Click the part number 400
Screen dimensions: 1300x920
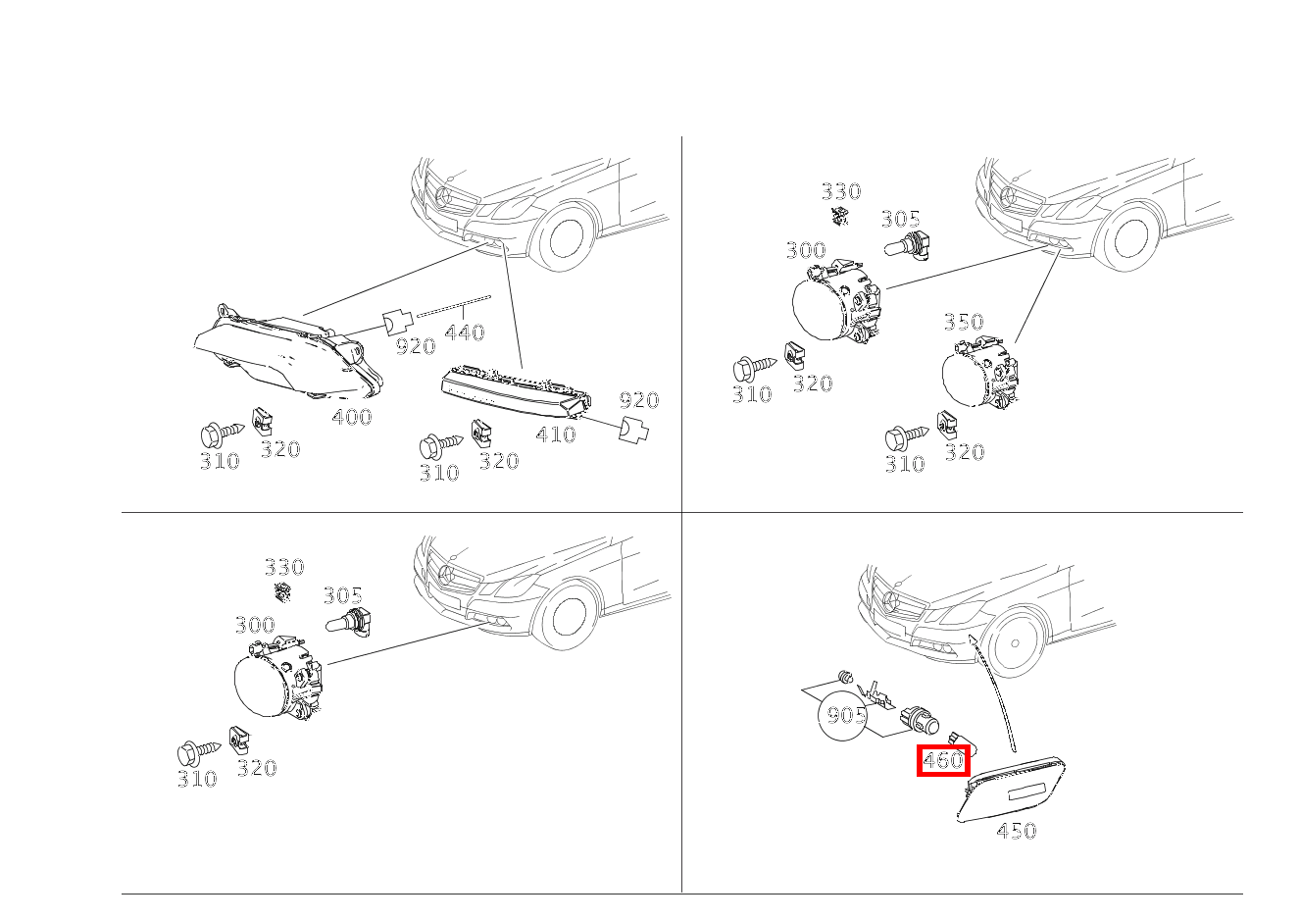[352, 417]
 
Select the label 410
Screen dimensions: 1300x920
[556, 434]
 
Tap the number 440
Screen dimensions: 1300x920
[465, 332]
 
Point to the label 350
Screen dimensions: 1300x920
[964, 322]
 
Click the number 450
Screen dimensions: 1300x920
[1017, 831]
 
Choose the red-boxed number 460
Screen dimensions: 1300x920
[943, 760]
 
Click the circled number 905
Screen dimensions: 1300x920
[845, 715]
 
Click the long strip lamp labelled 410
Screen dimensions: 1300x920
[516, 391]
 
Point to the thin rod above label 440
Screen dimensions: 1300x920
[454, 306]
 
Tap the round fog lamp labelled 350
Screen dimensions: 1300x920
[979, 372]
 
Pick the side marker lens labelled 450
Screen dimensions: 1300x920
[1011, 790]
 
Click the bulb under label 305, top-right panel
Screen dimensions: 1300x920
[907, 246]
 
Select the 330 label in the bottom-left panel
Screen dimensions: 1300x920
[284, 567]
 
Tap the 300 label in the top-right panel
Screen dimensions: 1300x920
[806, 250]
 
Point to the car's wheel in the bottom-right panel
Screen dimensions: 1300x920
[1015, 643]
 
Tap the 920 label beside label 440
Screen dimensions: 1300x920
[416, 346]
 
